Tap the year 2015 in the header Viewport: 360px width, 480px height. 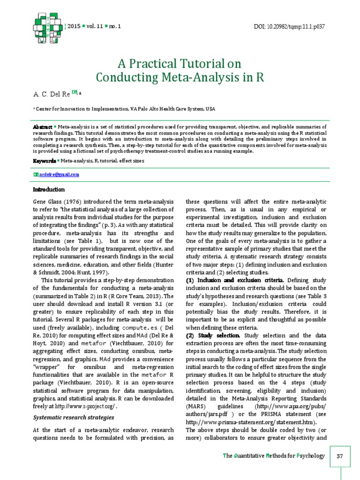coord(74,26)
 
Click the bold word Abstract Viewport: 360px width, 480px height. coord(42,127)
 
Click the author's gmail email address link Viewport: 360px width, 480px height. coord(59,174)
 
